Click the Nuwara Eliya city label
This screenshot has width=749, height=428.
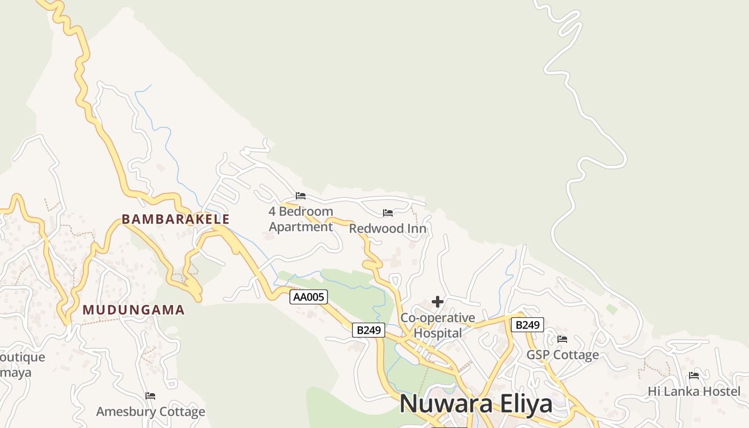point(476,403)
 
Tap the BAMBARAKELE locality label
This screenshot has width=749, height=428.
point(175,219)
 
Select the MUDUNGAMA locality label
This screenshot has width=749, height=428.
point(134,310)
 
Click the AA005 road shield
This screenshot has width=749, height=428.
point(309,297)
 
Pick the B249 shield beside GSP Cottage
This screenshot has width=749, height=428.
point(527,325)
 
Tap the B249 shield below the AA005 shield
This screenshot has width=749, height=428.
point(369,330)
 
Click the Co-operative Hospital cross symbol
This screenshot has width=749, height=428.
point(438,302)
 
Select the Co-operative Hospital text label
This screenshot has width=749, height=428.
point(438,325)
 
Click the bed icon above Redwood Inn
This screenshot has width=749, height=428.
point(388,213)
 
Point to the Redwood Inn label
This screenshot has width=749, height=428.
point(388,229)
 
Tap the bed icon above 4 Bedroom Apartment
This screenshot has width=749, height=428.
point(301,196)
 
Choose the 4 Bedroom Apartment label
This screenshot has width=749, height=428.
point(301,219)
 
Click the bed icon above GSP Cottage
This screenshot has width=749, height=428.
point(562,339)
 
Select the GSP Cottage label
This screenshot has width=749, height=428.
point(563,355)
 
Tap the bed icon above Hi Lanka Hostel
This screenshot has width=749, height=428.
point(694,376)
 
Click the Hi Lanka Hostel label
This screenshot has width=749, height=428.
point(694,391)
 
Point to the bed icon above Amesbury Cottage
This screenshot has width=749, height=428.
point(150,396)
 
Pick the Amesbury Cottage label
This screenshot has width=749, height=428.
point(150,411)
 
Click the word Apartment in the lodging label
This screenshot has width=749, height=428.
point(301,227)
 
